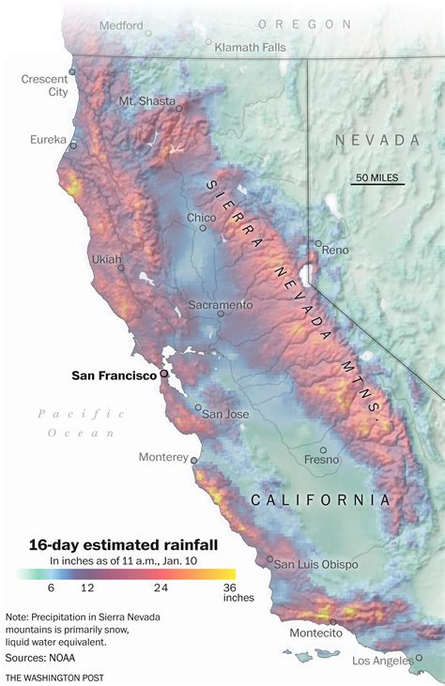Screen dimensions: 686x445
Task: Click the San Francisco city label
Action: [114, 375]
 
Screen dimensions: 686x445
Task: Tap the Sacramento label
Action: [221, 305]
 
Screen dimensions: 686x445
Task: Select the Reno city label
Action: [335, 251]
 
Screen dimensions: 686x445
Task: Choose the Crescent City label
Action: [45, 85]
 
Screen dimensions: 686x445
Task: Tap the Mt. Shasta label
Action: [146, 100]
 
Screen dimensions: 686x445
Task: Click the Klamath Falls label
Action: [252, 46]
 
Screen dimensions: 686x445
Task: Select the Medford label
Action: [121, 25]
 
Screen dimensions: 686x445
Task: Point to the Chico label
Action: [201, 218]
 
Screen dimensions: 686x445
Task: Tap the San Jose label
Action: [225, 414]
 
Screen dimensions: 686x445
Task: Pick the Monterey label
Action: [163, 457]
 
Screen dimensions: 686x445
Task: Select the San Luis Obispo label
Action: [315, 564]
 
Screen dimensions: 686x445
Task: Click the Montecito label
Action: [315, 633]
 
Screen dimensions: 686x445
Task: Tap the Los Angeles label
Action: [382, 661]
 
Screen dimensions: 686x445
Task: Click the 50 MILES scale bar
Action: [378, 178]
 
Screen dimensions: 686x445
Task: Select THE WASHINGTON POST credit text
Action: [54, 677]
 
